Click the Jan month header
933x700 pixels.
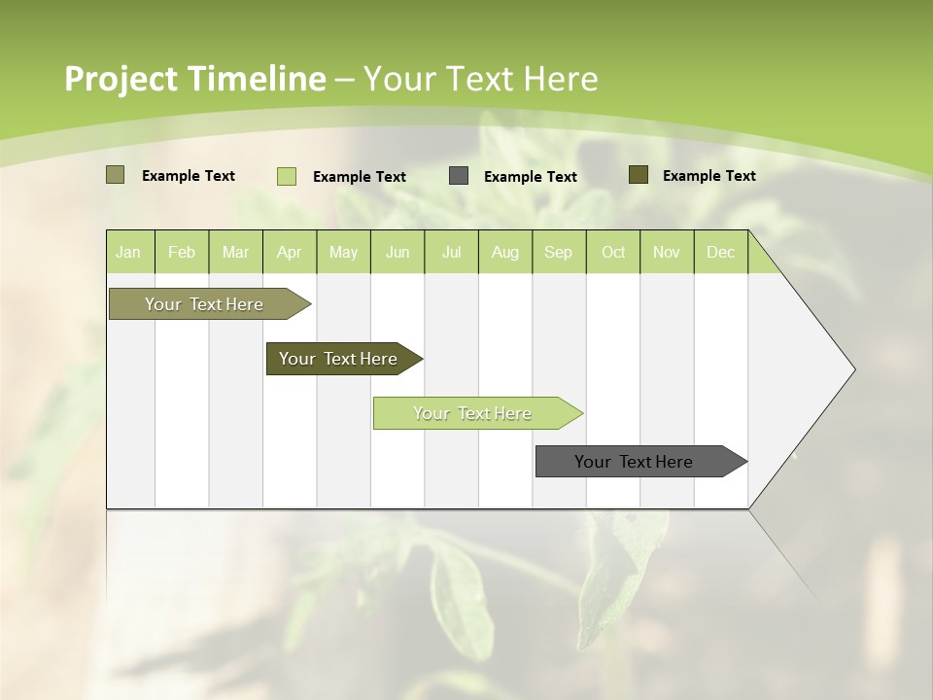(129, 252)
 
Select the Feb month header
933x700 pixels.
(182, 252)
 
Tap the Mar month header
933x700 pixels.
(235, 252)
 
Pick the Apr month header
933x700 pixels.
(290, 252)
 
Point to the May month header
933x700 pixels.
(343, 252)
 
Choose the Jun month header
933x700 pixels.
(397, 252)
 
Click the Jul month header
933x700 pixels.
(451, 252)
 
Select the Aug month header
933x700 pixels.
(505, 252)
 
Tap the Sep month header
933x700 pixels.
(559, 252)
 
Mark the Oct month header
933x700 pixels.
(613, 252)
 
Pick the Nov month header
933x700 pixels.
(667, 252)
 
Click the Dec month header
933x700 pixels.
(721, 252)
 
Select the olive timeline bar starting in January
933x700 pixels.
(205, 304)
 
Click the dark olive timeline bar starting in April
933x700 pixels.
(339, 359)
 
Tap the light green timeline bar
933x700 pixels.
(473, 413)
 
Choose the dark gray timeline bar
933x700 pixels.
(635, 462)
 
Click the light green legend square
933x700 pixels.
(287, 176)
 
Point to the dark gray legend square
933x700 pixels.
(459, 176)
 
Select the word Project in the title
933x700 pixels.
(121, 79)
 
